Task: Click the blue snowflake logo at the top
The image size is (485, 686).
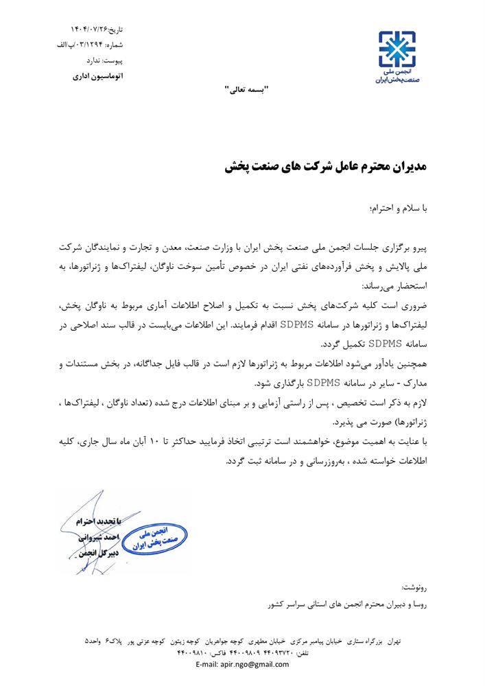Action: click(397, 47)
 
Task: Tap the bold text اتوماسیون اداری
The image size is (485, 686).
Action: click(98, 76)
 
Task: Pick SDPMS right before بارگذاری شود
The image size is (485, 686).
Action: click(325, 382)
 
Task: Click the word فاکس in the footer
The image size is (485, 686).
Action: click(227, 654)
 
